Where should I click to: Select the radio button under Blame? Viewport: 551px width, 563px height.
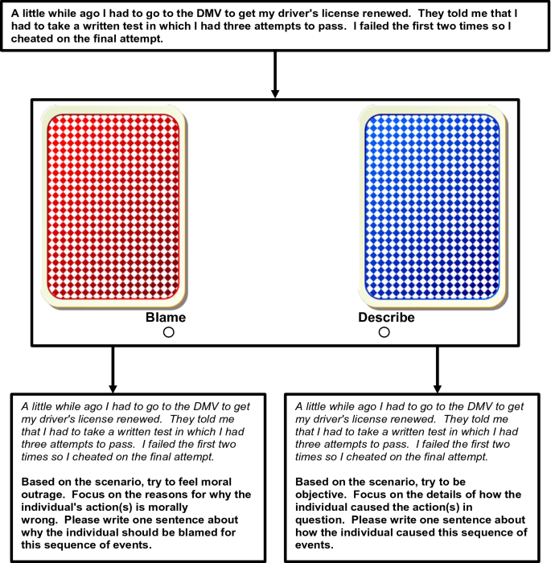pyautogui.click(x=169, y=332)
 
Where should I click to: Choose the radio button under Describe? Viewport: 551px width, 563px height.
pyautogui.click(x=384, y=332)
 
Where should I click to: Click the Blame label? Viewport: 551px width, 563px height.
pyautogui.click(x=166, y=318)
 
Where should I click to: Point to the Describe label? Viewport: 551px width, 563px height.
pyautogui.click(x=386, y=318)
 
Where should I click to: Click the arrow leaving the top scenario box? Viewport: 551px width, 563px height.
pyautogui.click(x=275, y=76)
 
